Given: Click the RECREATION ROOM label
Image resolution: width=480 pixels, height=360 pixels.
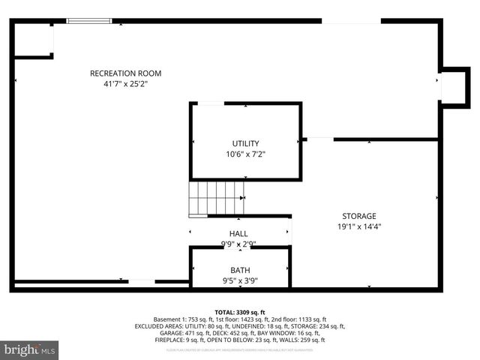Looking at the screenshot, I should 125,73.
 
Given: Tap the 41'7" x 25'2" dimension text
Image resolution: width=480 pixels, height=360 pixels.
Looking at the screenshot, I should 125,84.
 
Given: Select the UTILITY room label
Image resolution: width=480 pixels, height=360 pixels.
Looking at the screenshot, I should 245,143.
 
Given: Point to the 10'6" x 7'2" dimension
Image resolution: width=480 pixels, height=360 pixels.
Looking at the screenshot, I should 245,154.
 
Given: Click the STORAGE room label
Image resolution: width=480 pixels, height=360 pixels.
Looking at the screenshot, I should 359,216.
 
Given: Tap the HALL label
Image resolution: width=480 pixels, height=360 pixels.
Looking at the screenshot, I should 238,234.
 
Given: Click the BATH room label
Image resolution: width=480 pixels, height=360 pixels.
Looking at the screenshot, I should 240,270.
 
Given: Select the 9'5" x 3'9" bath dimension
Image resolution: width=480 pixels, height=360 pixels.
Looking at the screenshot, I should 240,282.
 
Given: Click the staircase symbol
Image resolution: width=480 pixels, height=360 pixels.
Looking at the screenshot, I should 217,198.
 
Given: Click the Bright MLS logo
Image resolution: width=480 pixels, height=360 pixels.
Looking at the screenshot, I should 30,349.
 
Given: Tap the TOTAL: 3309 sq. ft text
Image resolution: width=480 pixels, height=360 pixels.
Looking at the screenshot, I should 240,312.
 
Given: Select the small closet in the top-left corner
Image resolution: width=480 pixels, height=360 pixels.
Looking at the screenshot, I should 34,39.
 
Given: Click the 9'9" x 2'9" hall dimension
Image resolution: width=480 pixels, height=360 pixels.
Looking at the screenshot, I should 238,244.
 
